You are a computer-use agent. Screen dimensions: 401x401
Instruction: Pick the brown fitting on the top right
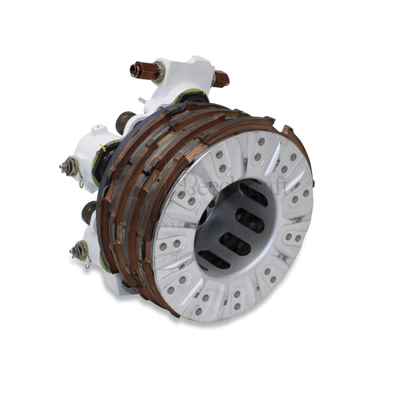[x=221, y=79]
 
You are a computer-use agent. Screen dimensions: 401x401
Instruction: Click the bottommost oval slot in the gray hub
[x=214, y=260]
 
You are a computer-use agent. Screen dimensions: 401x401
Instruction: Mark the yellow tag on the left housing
[x=103, y=148]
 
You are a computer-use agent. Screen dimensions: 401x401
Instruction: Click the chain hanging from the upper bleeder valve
[x=81, y=180]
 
